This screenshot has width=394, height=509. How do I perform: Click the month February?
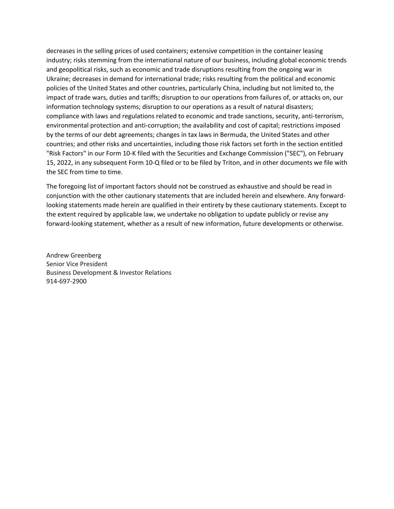tap(331, 154)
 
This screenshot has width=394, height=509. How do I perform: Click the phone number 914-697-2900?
tap(66, 282)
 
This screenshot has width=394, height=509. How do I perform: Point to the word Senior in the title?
tap(55, 264)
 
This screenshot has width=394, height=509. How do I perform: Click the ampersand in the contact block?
tap(115, 273)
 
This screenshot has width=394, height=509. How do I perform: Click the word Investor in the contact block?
tap(132, 273)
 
